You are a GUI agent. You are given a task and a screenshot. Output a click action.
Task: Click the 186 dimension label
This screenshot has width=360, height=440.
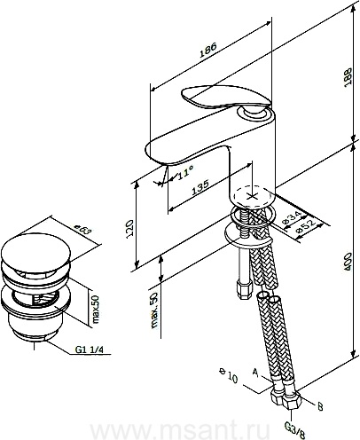pos(208,50)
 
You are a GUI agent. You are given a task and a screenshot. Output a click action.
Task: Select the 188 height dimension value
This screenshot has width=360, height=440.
pos(348,77)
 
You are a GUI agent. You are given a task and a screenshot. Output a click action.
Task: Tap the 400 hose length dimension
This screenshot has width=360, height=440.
pos(348,262)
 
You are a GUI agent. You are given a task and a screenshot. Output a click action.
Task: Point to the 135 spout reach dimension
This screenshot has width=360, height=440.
pos(200,187)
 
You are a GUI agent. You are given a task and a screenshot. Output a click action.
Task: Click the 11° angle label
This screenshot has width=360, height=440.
pos(185,172)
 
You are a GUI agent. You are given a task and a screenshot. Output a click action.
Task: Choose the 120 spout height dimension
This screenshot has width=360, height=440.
pos(130,229)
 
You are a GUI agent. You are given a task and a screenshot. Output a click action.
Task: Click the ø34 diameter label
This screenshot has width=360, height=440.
pos(291,217)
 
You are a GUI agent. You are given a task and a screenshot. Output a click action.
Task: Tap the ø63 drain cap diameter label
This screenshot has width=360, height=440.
pos(82,230)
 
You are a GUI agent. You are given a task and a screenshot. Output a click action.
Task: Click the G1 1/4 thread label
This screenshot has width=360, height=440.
pos(90,350)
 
